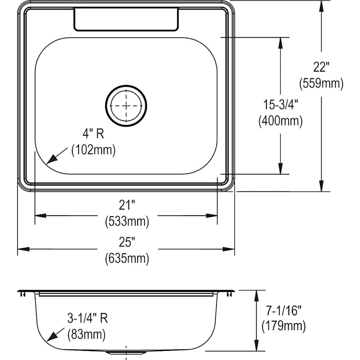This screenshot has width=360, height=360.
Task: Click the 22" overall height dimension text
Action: (x=321, y=66)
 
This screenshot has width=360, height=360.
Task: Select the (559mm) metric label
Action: (x=321, y=84)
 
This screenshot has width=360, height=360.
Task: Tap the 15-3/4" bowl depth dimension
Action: (x=280, y=105)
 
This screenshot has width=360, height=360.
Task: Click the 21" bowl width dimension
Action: (x=127, y=206)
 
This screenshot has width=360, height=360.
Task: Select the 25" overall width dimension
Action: (x=127, y=242)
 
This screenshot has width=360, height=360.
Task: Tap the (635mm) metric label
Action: (x=127, y=258)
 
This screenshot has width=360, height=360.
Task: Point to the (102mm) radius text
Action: (x=93, y=150)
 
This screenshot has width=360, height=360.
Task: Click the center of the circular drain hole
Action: (x=126, y=106)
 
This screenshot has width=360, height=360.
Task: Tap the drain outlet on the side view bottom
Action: (x=126, y=352)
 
